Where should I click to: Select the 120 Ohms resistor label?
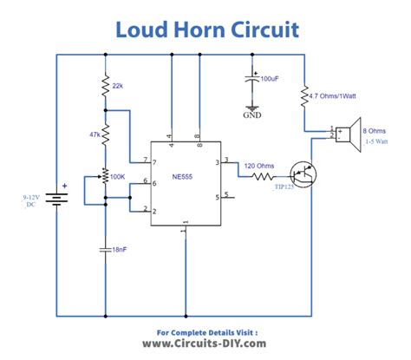[259, 165]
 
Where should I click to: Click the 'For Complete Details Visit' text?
[206, 331]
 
